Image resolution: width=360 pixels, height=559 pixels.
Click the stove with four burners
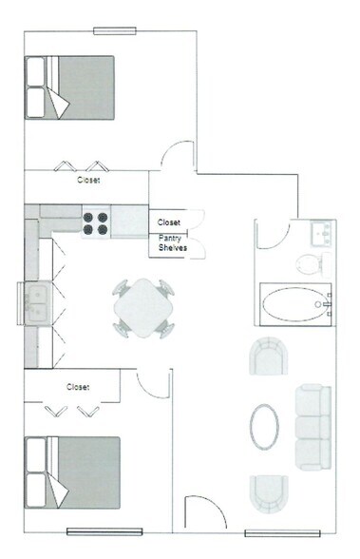[x=95, y=222]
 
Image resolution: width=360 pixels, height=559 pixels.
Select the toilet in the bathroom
[x=310, y=261]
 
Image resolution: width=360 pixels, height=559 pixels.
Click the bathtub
[x=294, y=305]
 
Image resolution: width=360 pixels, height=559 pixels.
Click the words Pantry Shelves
[x=173, y=242]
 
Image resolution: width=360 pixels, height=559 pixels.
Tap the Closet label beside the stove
[x=169, y=222]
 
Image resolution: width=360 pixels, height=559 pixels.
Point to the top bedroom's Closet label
[x=88, y=179]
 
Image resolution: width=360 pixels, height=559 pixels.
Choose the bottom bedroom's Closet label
[x=79, y=387]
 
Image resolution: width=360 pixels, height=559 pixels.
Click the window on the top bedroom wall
[x=113, y=30]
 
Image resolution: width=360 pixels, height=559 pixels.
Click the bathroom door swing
[x=272, y=234]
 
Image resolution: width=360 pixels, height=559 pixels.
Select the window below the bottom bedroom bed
[x=104, y=530]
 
